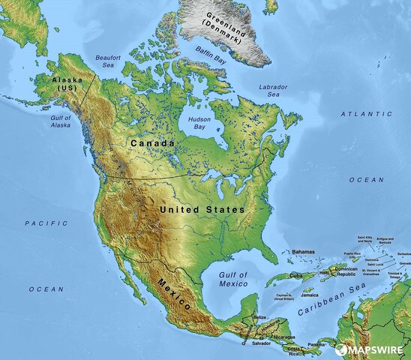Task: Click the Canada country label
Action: coord(152,142)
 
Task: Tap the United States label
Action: coord(202,210)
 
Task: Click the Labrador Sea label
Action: coord(274,91)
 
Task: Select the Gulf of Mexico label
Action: coord(233,280)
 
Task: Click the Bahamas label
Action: coord(303,252)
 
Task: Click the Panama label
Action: coord(316,344)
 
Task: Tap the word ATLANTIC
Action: coord(366,114)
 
